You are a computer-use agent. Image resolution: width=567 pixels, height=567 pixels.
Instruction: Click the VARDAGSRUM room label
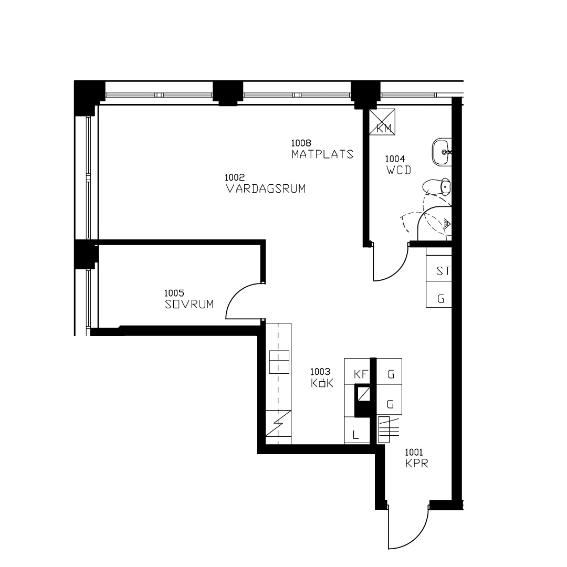[266, 188]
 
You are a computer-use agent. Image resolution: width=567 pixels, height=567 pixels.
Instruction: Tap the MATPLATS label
[322, 154]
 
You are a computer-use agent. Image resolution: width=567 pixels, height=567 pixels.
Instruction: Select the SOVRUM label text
[189, 304]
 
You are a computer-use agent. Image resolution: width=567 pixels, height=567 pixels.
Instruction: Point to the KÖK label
[322, 383]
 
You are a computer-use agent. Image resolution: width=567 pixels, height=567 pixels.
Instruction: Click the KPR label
[416, 463]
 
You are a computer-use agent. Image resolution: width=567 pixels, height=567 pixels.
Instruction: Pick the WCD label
[399, 170]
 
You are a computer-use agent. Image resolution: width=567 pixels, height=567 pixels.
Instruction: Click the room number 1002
[235, 177]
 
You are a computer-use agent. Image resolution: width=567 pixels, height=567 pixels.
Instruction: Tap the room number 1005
[174, 293]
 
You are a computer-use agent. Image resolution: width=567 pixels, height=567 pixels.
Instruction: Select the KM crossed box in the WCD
[382, 122]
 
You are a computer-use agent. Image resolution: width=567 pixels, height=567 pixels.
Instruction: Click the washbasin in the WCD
[442, 152]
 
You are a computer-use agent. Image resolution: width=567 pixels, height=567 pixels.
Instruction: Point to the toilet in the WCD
[436, 187]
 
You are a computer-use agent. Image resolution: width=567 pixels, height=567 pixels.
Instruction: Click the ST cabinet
[439, 269]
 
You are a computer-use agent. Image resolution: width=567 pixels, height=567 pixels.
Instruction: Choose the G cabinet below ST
[439, 295]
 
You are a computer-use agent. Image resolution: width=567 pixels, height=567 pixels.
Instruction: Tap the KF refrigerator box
[358, 371]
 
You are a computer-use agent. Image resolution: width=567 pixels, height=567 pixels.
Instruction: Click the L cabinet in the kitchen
[358, 430]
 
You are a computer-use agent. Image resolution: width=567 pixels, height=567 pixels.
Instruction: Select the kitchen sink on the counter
[279, 362]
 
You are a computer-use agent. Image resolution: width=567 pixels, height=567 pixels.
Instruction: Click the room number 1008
[301, 143]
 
